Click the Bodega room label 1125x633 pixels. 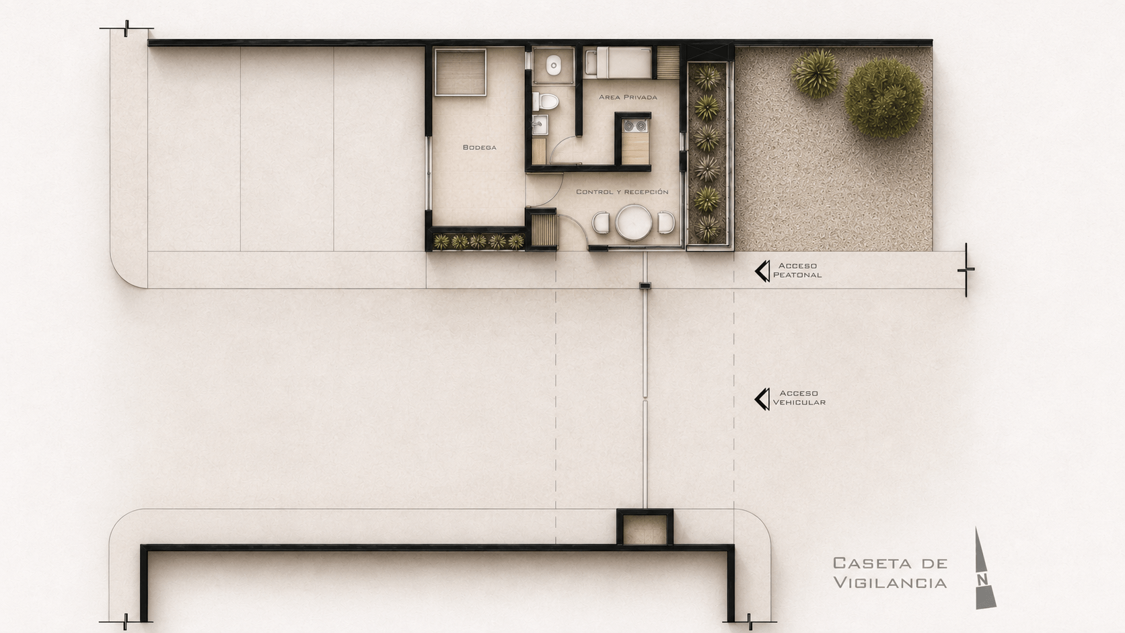tap(479, 147)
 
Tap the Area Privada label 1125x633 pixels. tap(628, 97)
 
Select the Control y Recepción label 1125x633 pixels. tap(622, 192)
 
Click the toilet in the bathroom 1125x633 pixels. tap(546, 102)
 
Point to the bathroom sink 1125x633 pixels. tap(540, 125)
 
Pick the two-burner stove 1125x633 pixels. tap(635, 126)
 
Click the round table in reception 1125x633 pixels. tap(634, 223)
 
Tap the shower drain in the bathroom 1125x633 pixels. tap(554, 65)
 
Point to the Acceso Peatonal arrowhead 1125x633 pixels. tap(762, 271)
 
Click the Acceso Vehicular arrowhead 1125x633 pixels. tap(762, 399)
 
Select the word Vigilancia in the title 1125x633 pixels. tap(890, 583)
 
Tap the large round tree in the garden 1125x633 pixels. tap(884, 98)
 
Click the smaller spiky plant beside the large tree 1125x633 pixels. tap(815, 73)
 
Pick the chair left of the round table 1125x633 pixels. tap(601, 223)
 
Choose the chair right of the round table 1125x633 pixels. tap(666, 223)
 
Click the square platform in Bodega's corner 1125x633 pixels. tap(460, 72)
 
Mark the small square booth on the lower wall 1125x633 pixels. tap(645, 527)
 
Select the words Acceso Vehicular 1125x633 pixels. tap(799, 398)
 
